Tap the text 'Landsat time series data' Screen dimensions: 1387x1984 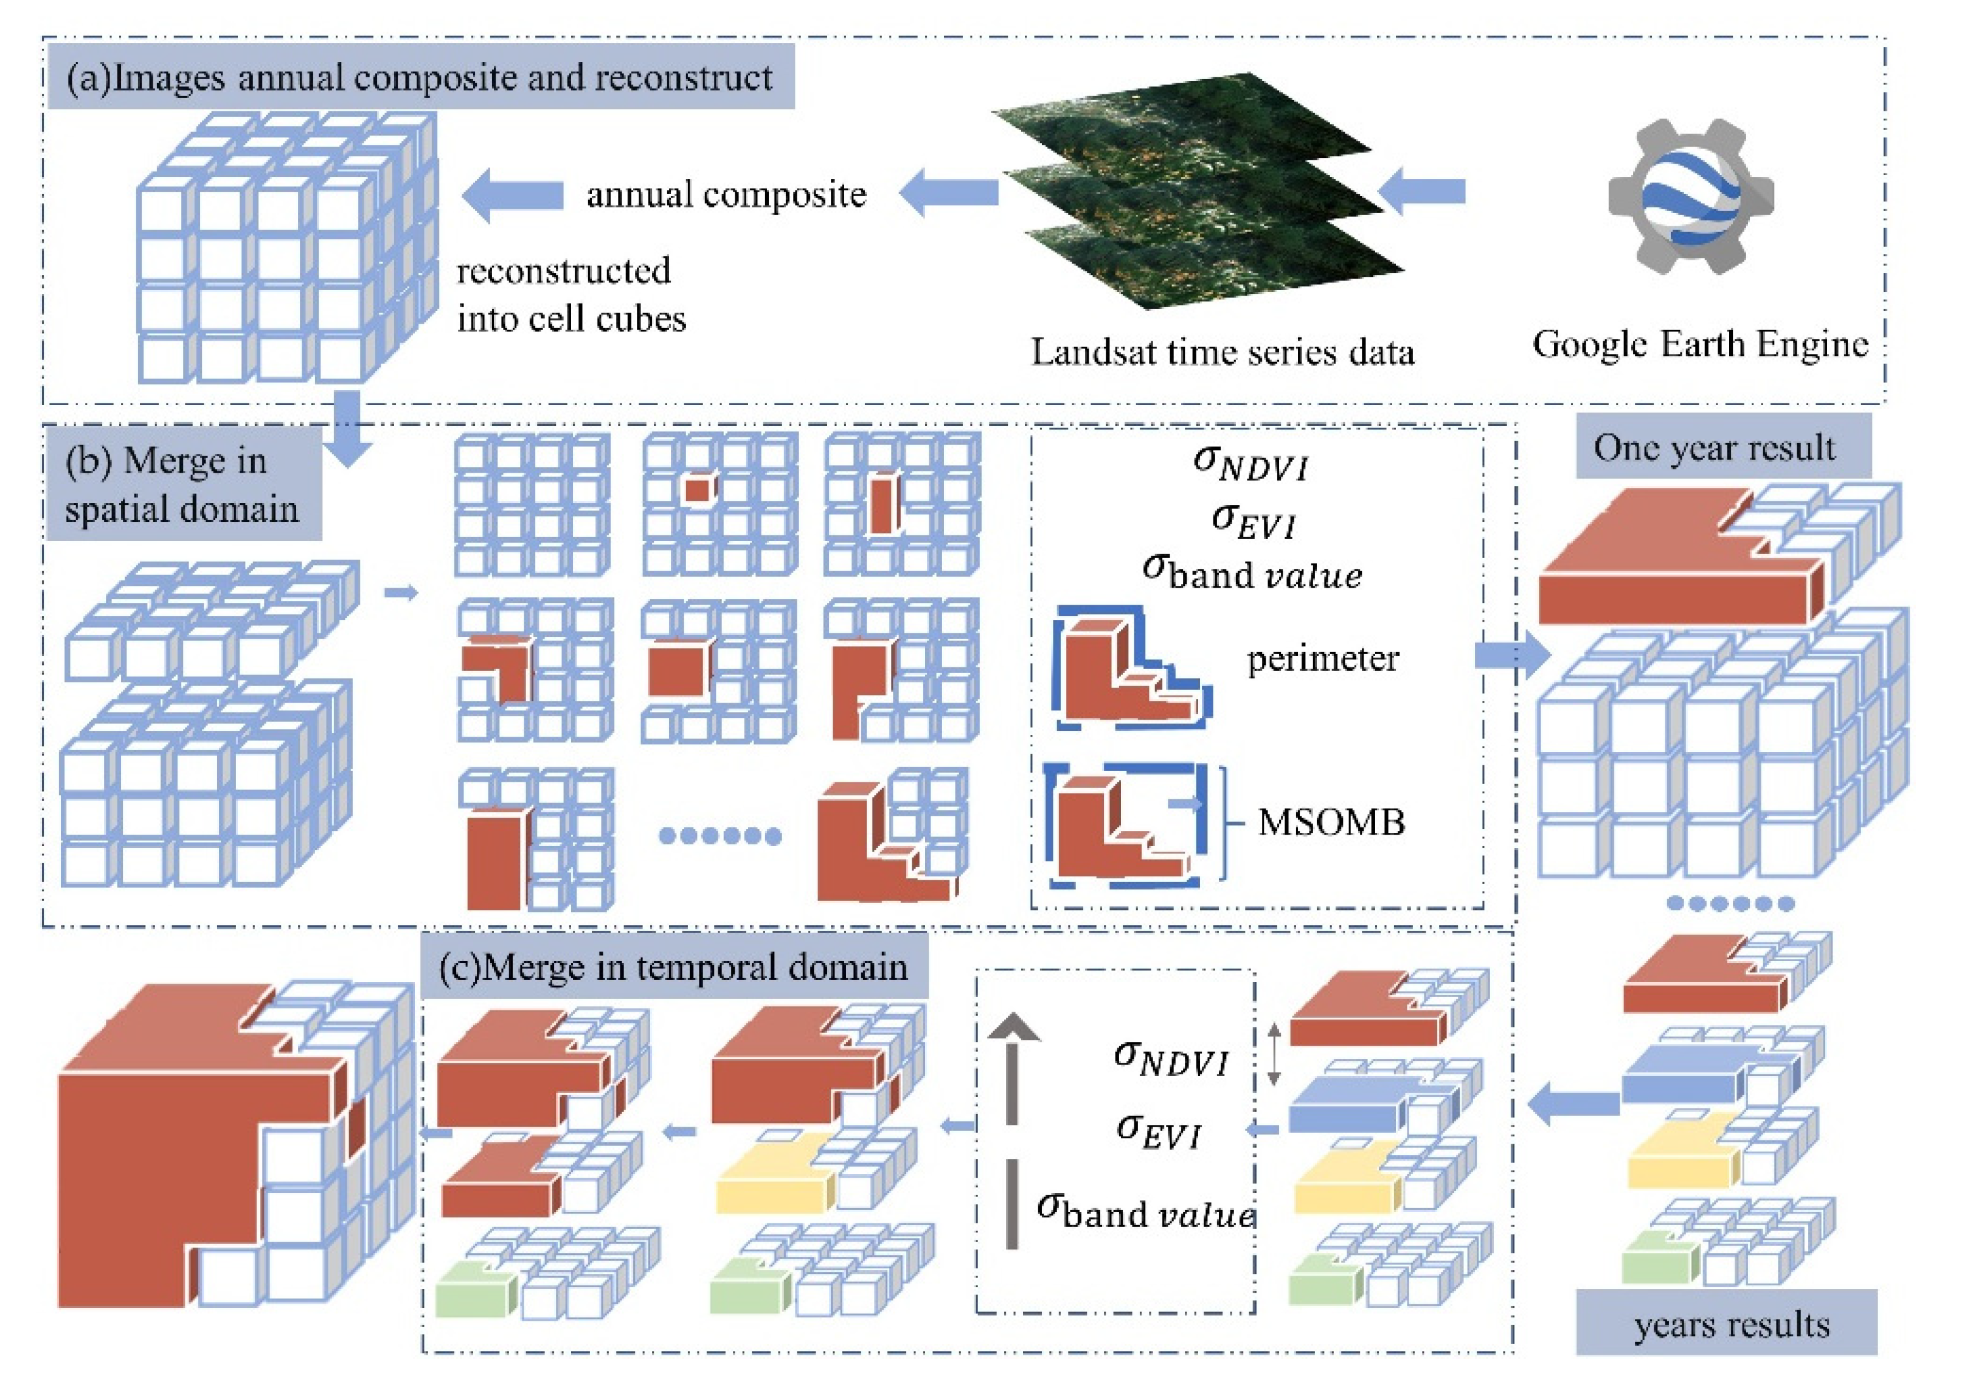tap(1222, 352)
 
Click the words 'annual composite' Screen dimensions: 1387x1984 tap(726, 195)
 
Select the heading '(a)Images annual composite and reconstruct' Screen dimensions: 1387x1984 tap(420, 78)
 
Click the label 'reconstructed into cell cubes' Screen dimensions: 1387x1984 tap(571, 294)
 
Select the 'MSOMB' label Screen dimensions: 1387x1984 tap(1331, 822)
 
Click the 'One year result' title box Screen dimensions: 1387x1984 tap(1722, 448)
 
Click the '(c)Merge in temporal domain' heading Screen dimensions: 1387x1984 tap(674, 966)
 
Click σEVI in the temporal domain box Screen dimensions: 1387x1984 tap(1159, 1130)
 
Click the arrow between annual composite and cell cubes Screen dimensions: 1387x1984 tap(513, 195)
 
